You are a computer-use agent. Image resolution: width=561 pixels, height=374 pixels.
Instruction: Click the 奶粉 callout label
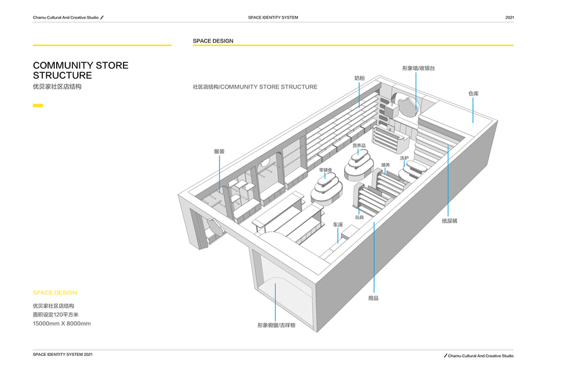tap(359, 79)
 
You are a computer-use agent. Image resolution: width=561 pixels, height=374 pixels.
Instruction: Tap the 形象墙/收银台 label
tap(418, 68)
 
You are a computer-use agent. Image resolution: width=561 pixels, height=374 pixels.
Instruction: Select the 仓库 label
tap(473, 93)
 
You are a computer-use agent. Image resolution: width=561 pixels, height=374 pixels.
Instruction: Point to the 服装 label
tap(219, 151)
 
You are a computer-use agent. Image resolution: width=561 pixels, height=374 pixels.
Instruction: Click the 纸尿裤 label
tap(449, 221)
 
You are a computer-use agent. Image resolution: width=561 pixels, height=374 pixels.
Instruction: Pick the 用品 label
tap(373, 298)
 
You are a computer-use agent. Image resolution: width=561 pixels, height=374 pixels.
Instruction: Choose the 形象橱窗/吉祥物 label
tap(276, 325)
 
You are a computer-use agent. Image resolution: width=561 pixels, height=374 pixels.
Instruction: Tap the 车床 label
tap(338, 224)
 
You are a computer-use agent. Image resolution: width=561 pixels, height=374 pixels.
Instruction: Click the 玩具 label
tap(359, 218)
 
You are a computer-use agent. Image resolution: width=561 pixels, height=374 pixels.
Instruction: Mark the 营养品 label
tap(358, 145)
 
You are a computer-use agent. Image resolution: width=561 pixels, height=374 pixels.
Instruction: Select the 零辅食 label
tap(325, 170)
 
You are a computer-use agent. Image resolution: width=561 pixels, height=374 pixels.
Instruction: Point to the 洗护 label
tap(404, 158)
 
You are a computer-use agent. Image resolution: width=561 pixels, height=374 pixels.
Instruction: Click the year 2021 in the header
tap(509, 17)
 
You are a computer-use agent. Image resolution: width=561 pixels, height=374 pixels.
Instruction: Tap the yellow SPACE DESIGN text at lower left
tap(55, 292)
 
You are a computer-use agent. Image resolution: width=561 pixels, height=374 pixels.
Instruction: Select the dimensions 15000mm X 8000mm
tap(62, 324)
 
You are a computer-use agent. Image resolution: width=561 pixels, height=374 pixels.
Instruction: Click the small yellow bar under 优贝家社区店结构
tap(37, 105)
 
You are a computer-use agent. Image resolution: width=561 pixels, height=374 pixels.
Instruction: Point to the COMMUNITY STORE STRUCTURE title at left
tap(80, 70)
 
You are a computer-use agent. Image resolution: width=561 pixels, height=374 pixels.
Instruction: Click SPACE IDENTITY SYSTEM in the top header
tap(273, 17)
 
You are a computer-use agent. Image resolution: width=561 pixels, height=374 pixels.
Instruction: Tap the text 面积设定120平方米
tap(55, 315)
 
